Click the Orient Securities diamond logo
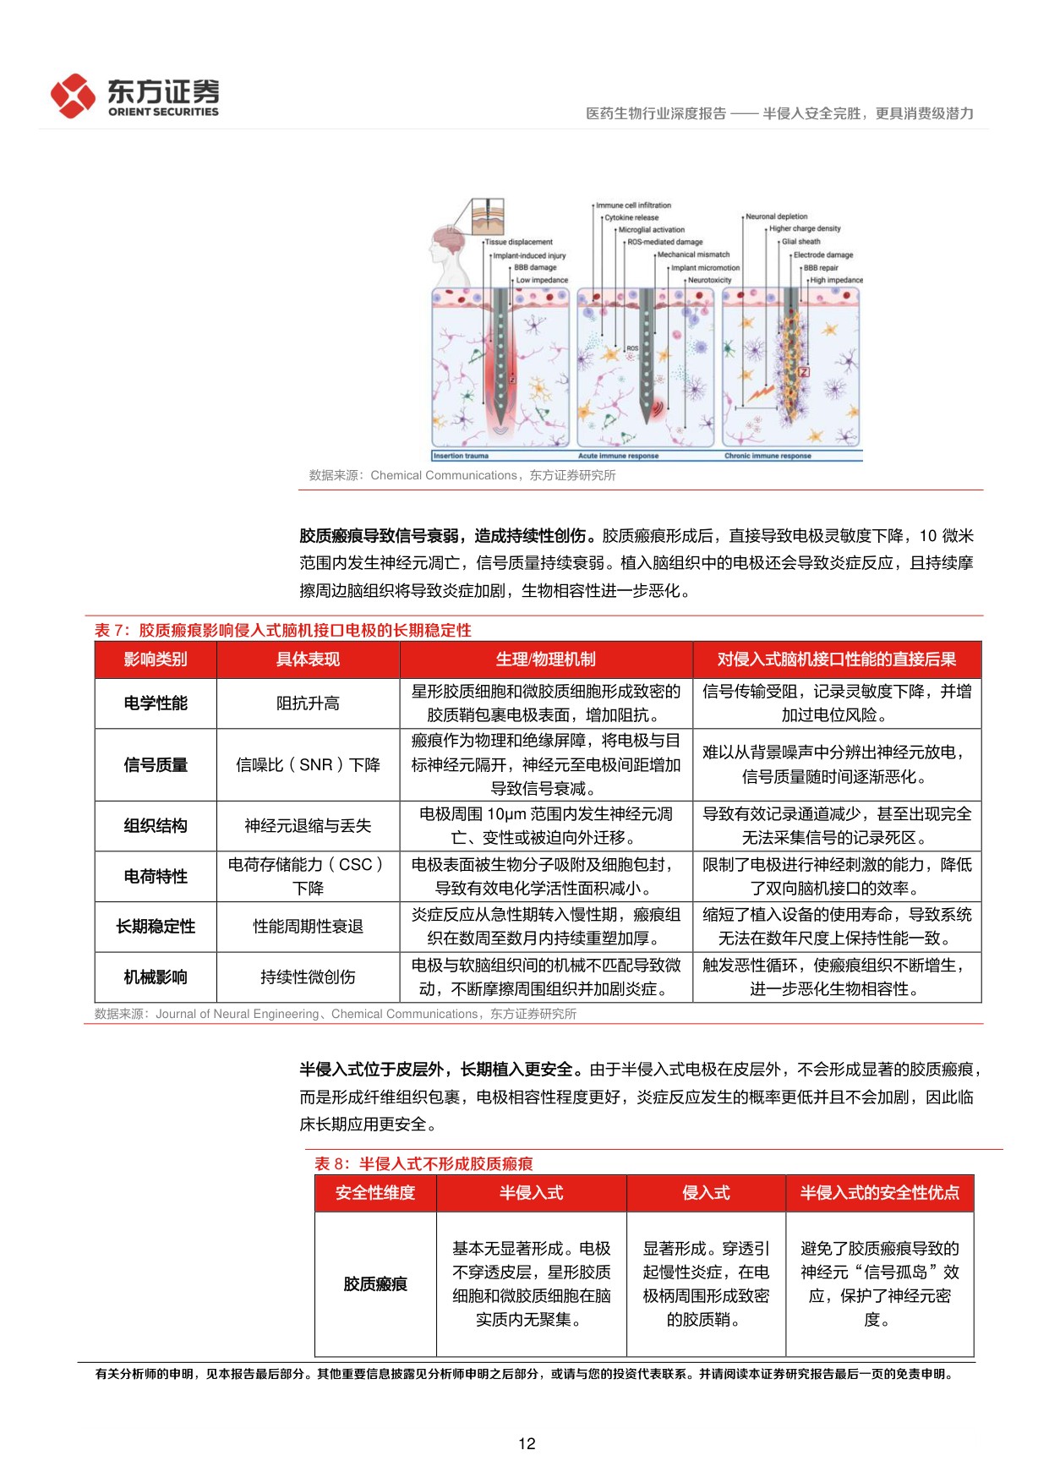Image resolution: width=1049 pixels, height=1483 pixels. coord(73,96)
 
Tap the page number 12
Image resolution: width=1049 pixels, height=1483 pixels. coord(526,1443)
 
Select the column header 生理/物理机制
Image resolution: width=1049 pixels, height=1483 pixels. coord(545,659)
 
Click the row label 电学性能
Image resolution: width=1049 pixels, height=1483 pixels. coord(156,703)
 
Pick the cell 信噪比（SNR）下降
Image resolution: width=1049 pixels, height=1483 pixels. coord(308,765)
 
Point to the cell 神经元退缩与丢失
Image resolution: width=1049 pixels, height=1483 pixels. coord(308,826)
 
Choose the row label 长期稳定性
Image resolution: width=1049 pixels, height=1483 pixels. coord(156,927)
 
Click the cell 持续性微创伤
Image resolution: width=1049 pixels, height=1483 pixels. coord(308,977)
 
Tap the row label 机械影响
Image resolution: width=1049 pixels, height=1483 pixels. coord(156,977)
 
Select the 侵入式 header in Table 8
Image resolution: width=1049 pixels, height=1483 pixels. coord(706,1193)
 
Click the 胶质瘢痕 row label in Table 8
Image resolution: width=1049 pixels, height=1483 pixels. coord(375,1284)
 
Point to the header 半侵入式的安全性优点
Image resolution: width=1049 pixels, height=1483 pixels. coord(879,1193)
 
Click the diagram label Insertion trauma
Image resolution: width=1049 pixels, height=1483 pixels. coord(462,457)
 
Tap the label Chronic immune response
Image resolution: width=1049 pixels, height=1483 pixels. coord(768,457)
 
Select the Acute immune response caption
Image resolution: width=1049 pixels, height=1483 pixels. coord(620,457)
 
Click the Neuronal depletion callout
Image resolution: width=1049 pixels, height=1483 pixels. coord(776,216)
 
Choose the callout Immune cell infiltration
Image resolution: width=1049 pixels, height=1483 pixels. coord(633,205)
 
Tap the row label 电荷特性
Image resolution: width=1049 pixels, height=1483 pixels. coord(156,877)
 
